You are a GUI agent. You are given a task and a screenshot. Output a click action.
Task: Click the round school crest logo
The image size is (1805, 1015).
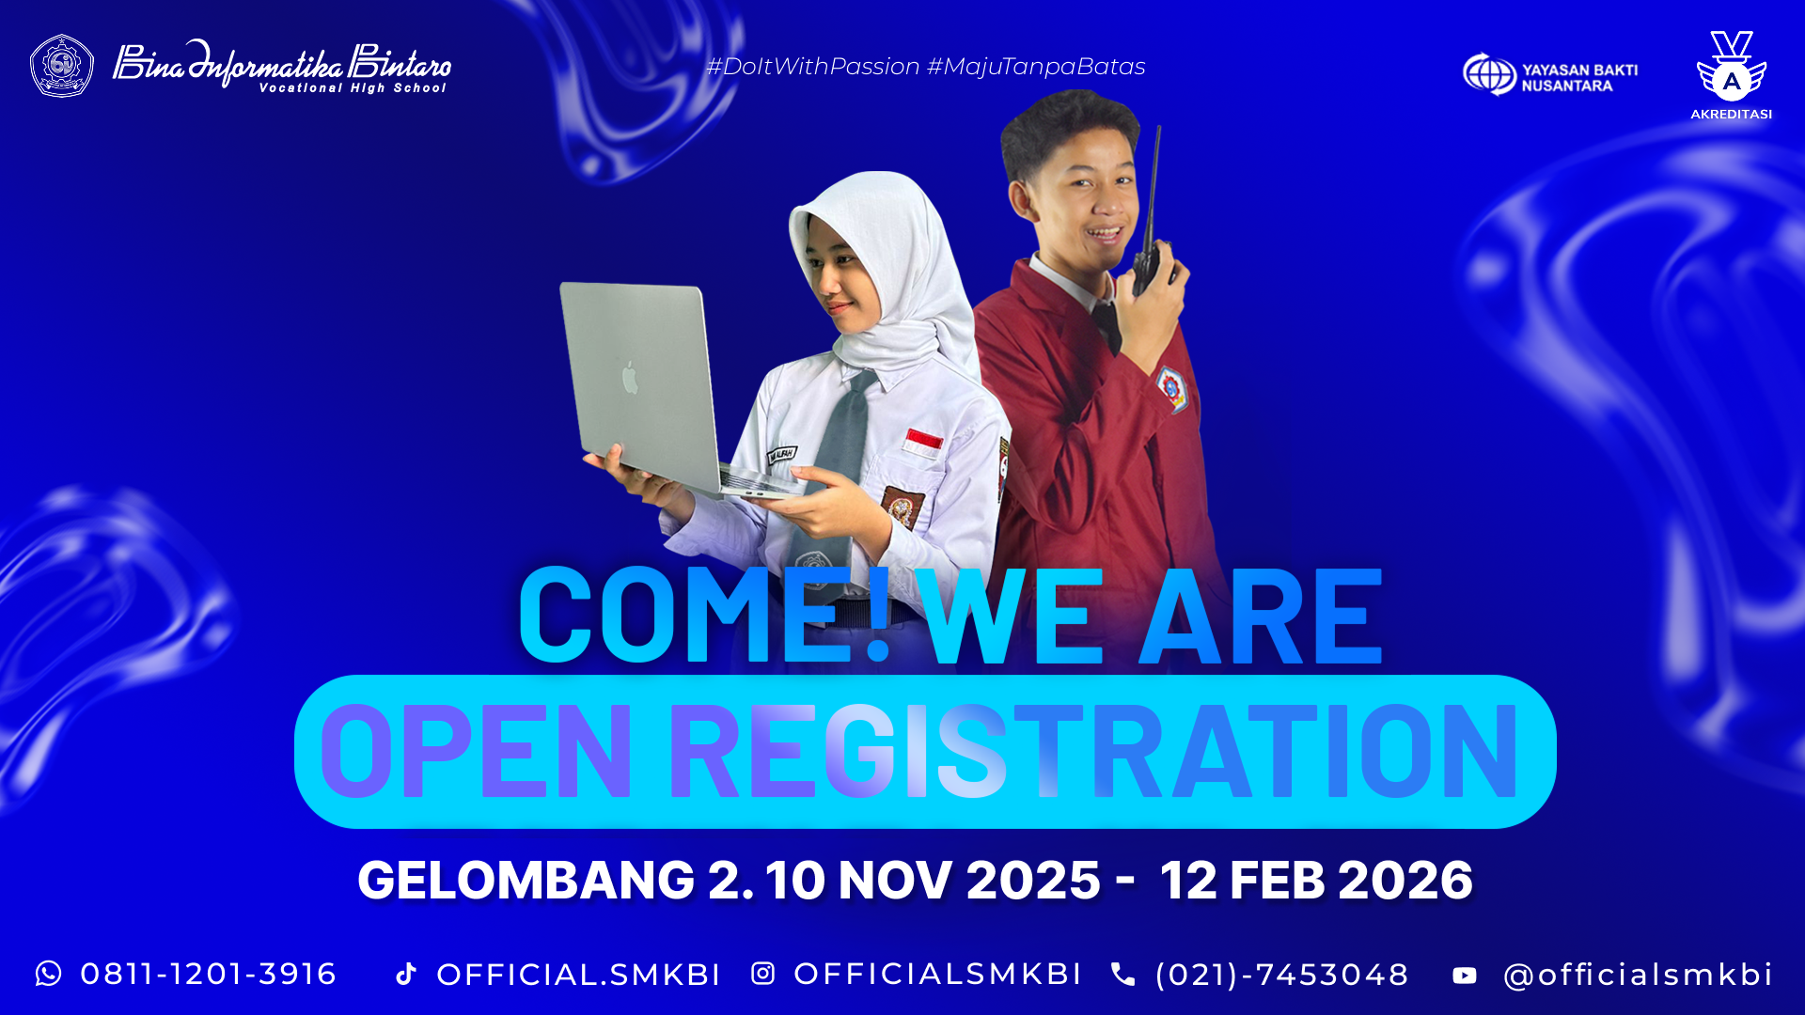pos(62,66)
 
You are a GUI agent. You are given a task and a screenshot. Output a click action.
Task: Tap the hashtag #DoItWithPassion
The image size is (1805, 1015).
pos(813,67)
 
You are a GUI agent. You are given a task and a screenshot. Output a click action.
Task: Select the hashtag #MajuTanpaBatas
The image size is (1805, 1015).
pos(1036,67)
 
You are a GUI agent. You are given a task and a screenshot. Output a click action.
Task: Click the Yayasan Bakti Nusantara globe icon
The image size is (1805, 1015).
pos(1489,74)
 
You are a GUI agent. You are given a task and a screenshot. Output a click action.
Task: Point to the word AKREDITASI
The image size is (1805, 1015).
pos(1731,114)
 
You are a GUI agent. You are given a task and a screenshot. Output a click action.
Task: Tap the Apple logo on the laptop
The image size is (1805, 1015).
pos(630,377)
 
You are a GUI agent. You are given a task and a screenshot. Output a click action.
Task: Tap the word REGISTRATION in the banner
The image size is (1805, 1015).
pos(1093,751)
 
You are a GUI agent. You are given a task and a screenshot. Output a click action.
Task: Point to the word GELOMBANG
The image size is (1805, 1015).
pos(526,881)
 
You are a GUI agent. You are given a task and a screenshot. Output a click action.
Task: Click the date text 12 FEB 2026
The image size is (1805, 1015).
pos(1316,881)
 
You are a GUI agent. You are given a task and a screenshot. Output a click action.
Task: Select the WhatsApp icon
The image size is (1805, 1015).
pos(49,974)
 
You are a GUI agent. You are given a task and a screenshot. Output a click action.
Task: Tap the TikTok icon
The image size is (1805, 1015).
pos(406,974)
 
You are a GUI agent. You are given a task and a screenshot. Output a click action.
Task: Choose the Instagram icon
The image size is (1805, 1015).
pos(763,974)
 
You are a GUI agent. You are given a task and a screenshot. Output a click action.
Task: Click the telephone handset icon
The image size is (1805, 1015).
pos(1122,974)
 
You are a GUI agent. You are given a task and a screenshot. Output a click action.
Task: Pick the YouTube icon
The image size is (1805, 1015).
pos(1465,976)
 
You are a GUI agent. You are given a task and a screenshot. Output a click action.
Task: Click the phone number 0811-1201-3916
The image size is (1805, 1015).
pos(209,974)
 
